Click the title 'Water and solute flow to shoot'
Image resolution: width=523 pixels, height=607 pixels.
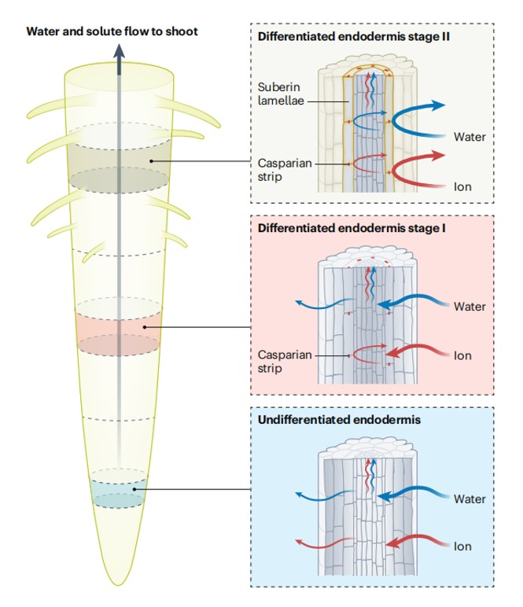click(x=112, y=31)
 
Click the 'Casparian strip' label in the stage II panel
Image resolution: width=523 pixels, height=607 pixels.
click(x=281, y=169)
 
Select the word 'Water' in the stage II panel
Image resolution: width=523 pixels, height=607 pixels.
click(x=470, y=137)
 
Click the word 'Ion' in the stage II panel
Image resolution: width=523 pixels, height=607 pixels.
click(x=462, y=188)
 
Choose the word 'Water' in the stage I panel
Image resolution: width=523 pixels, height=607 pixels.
click(x=470, y=307)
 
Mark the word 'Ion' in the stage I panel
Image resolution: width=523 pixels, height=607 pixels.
click(x=462, y=355)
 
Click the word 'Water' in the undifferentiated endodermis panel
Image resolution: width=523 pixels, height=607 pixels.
click(x=470, y=498)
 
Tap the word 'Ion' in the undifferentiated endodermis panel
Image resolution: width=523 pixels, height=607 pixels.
click(x=462, y=546)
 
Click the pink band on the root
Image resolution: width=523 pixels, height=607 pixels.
click(x=118, y=327)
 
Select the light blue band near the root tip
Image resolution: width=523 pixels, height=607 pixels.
click(x=118, y=491)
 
